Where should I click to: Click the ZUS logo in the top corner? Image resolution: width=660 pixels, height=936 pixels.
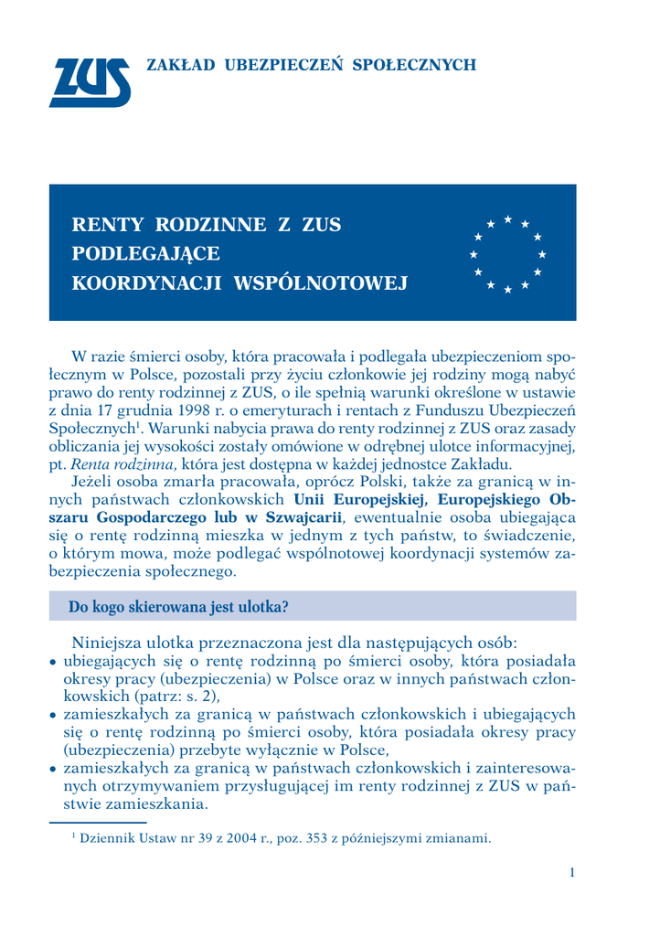pos(89,81)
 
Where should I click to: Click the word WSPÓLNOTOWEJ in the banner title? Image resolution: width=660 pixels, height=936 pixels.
pos(321,282)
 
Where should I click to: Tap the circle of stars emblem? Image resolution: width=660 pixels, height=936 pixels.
pos(507,253)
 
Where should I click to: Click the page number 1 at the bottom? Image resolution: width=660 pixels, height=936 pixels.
pos(571,873)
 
